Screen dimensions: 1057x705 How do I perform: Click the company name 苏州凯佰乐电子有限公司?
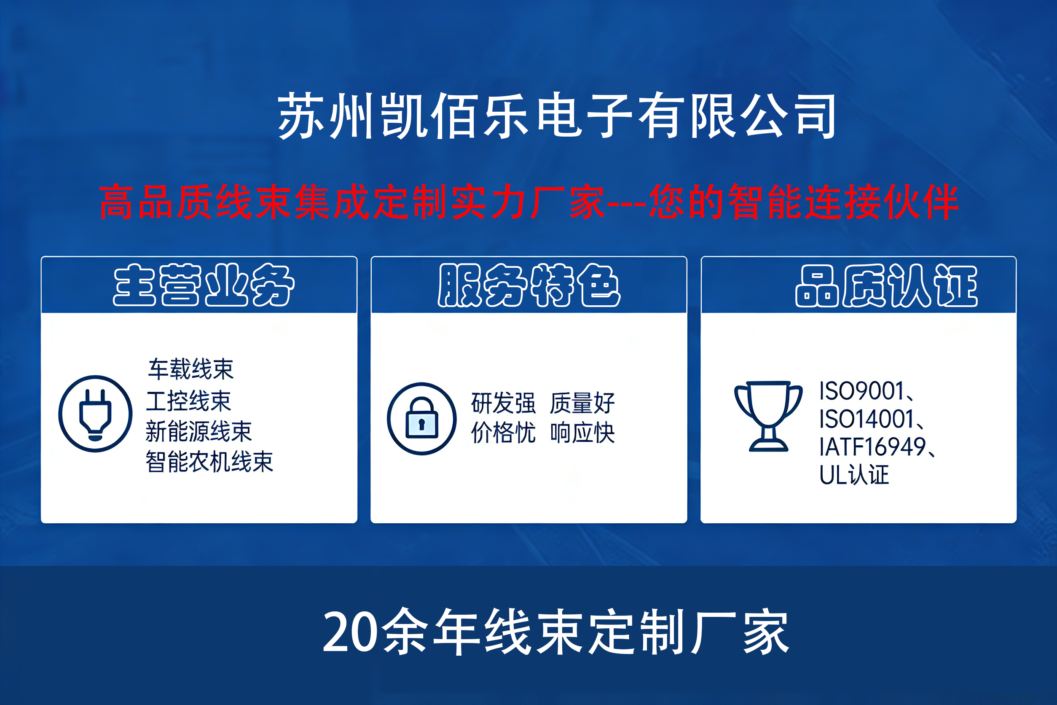557,115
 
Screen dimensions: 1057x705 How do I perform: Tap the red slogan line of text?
529,202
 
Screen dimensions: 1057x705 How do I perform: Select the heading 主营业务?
204,285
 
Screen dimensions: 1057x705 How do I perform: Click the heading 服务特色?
529,285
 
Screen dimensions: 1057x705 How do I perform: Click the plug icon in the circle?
95,414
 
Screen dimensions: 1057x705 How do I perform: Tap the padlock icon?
421,419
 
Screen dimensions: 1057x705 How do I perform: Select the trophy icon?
768,416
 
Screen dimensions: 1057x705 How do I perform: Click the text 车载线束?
191,369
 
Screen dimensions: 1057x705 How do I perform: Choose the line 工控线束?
189,401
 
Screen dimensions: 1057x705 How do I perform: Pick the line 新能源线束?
199,431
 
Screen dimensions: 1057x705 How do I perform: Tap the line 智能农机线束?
209,462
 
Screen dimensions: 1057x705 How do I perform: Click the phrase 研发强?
503,403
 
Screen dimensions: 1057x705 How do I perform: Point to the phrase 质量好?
582,403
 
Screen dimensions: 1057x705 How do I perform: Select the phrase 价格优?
503,433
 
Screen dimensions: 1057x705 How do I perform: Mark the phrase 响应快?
582,433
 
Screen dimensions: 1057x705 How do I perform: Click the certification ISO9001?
861,391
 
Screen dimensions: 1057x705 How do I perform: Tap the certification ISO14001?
867,419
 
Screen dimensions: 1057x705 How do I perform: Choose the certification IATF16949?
872,447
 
